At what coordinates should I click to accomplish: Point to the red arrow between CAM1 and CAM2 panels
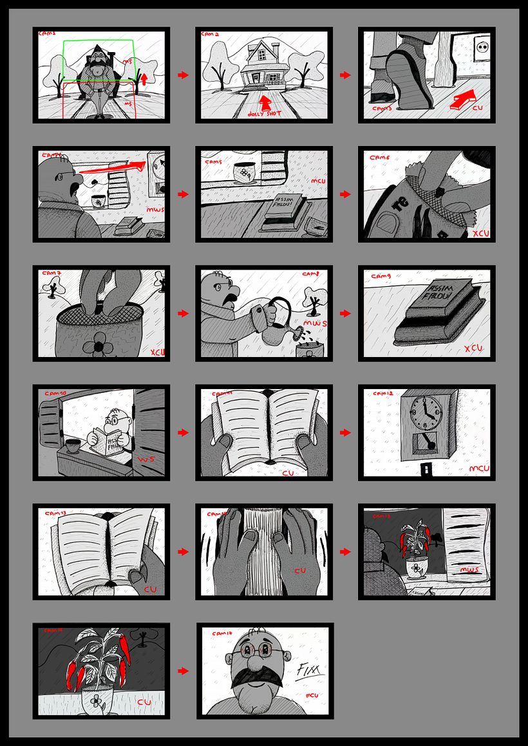[183, 75]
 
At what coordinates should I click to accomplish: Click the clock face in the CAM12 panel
[423, 412]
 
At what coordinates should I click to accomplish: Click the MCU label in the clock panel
[477, 469]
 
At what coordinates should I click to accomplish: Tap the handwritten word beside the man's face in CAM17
[310, 672]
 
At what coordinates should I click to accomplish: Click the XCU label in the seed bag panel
[480, 233]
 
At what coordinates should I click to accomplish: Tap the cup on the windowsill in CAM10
[71, 445]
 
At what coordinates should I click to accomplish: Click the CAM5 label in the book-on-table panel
[213, 162]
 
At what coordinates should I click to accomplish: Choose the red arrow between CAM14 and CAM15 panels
[346, 552]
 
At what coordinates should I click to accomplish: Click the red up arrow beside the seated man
[144, 78]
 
